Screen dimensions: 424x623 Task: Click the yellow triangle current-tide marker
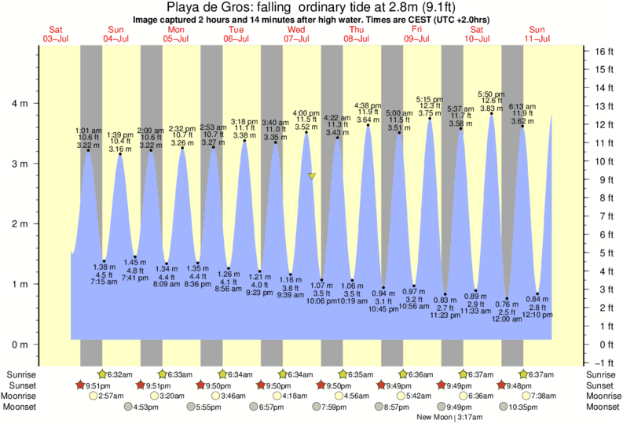312,176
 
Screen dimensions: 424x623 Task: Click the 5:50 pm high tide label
491,94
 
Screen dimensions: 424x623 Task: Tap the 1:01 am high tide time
88,131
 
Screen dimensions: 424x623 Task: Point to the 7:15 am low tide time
104,282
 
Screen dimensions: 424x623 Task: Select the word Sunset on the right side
599,385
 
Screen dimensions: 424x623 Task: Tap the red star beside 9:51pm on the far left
80,385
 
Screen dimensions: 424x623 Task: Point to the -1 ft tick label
602,363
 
